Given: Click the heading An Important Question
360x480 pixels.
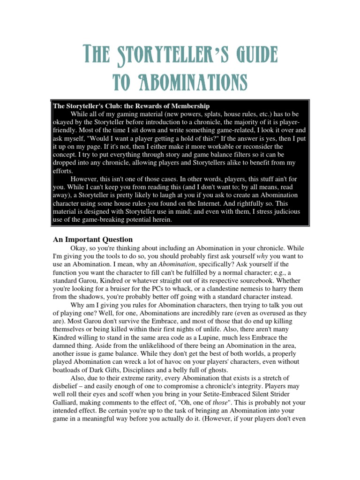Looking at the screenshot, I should click(93, 240).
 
